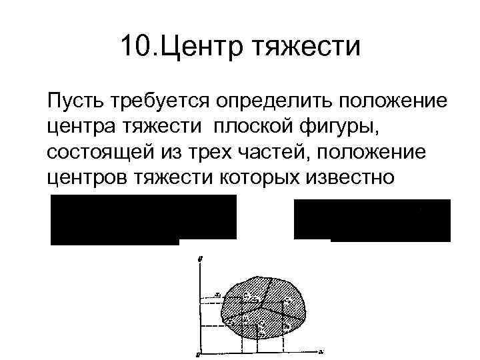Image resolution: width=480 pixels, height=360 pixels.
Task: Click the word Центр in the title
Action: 195,47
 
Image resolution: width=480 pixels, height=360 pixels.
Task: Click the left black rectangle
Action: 143,218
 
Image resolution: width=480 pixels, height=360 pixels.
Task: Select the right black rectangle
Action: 372,219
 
